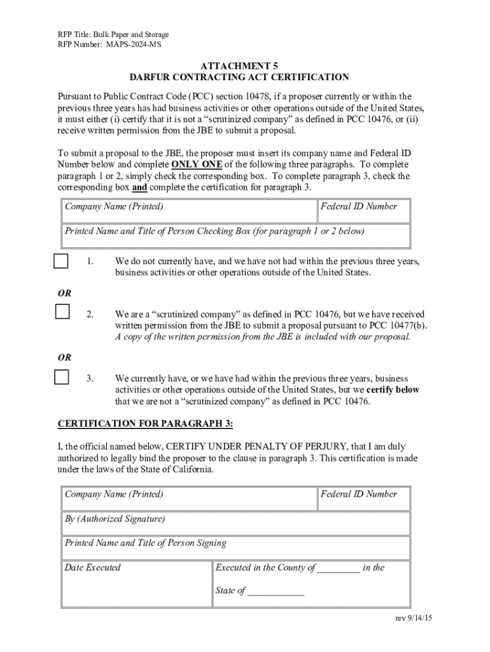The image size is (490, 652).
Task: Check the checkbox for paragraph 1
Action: pyautogui.click(x=61, y=261)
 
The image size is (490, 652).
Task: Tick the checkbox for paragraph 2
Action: pyautogui.click(x=62, y=311)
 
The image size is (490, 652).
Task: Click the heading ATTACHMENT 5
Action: pyautogui.click(x=239, y=66)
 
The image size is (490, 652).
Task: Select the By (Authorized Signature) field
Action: pyautogui.click(x=235, y=524)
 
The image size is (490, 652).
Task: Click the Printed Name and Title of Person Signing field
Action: pyautogui.click(x=235, y=548)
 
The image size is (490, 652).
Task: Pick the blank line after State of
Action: pyautogui.click(x=276, y=592)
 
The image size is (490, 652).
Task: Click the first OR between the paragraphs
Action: pyautogui.click(x=65, y=294)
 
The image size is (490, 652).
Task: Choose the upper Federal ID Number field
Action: pyautogui.click(x=364, y=211)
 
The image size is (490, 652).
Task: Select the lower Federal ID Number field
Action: pyautogui.click(x=364, y=499)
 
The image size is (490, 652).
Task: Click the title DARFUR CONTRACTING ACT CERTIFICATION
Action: pyautogui.click(x=239, y=78)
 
